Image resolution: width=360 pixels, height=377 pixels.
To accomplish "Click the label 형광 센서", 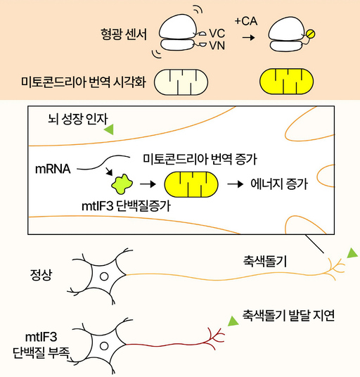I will point(124,33).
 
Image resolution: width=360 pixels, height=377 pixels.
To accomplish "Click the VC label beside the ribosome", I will point(217,32).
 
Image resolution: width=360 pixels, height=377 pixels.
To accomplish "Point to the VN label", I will point(217,44).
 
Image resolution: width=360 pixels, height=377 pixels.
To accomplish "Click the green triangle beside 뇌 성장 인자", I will point(109,129).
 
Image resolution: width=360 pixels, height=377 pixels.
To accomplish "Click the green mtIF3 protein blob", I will point(123,185).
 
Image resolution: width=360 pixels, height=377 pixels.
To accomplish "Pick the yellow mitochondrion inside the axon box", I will point(187,185).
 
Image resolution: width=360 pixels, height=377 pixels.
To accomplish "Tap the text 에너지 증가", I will point(279,185).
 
